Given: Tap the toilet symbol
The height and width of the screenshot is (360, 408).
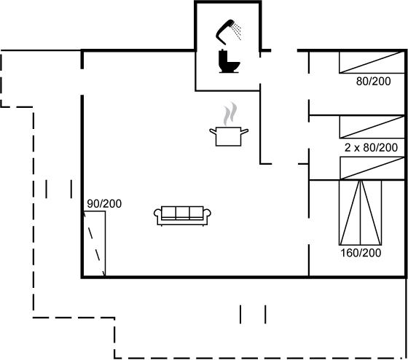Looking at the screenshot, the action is (x=229, y=61).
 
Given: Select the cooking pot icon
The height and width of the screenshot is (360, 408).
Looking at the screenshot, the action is (x=229, y=136).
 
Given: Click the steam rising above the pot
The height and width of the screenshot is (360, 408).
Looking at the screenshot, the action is (x=230, y=114).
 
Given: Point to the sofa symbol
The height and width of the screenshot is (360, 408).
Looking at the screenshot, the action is (x=182, y=216).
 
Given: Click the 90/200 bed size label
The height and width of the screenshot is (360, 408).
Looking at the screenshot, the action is (x=104, y=204).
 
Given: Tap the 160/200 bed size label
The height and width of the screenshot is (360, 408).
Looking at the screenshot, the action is (x=361, y=253).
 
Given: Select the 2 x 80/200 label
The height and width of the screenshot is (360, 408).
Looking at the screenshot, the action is (x=371, y=148).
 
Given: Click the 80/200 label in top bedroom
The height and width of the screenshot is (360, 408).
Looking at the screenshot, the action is (x=373, y=81).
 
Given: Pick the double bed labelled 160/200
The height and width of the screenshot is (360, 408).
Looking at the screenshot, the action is (x=361, y=212).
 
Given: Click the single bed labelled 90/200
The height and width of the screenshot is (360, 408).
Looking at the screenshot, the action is (x=94, y=244).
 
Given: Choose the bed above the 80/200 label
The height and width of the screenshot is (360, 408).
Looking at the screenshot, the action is (x=372, y=62).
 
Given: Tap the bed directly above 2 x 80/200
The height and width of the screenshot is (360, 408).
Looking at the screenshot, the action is (x=372, y=127).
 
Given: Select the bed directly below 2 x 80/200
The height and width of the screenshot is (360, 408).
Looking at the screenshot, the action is (x=372, y=168).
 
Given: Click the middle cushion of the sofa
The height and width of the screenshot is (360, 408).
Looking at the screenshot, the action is (x=182, y=212).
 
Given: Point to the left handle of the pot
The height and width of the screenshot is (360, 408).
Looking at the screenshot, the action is (x=213, y=131).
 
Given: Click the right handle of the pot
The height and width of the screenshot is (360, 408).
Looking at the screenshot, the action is (x=245, y=131).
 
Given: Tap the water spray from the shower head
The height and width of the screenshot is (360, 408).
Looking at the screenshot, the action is (x=237, y=31).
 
